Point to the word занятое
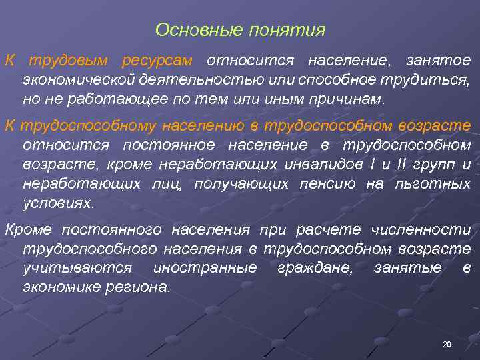(438, 61)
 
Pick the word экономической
(79, 80)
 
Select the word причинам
(351, 99)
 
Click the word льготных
(438, 183)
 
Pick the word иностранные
(205, 268)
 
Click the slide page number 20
(446, 345)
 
